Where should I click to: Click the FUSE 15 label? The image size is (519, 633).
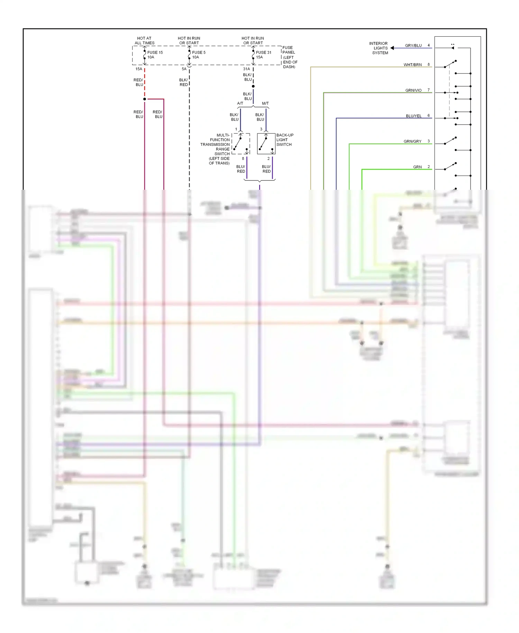pos(155,53)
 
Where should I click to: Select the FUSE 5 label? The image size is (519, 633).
pos(199,53)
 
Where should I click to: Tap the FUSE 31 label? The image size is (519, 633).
pos(263,53)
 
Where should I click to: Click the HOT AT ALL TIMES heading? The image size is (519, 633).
pos(144,41)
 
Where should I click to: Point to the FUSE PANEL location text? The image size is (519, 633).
pos(290,57)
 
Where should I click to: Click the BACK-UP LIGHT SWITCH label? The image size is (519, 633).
pos(284,140)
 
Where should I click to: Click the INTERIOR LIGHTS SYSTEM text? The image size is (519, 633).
pos(379,48)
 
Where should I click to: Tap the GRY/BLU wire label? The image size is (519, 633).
pos(413,46)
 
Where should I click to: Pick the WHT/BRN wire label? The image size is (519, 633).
pos(412,65)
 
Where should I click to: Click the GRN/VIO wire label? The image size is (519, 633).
pos(413,90)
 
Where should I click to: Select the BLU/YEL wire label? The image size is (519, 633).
pos(413,116)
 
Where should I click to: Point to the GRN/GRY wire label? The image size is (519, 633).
pos(412,141)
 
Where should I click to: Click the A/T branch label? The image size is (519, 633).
pos(240,104)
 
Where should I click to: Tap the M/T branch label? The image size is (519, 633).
pos(265,104)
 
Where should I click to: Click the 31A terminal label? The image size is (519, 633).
pos(246,69)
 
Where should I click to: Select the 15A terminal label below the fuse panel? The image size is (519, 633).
pos(139,69)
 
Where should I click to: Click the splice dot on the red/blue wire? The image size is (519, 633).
pos(145,99)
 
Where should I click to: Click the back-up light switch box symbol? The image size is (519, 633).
pos(266,144)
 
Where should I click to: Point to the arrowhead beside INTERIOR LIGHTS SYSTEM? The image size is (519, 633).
pos(392,48)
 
